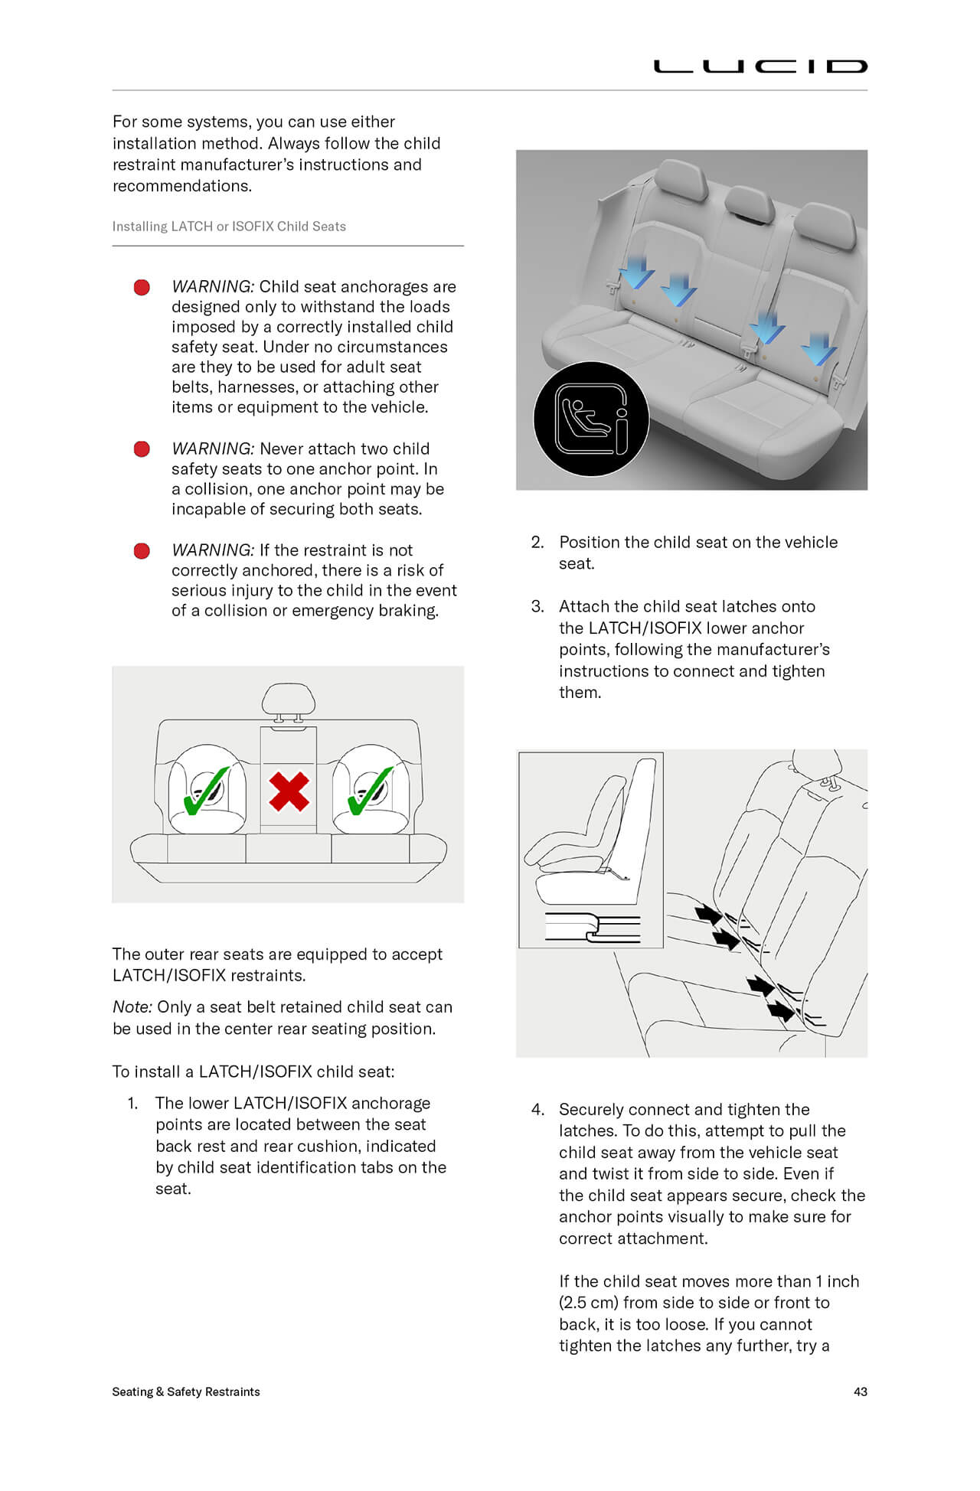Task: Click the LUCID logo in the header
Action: click(759, 67)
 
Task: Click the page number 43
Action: click(860, 1391)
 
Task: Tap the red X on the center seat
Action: click(289, 791)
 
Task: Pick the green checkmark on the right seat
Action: click(369, 793)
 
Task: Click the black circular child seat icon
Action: click(591, 419)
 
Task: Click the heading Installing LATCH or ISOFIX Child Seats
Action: click(229, 227)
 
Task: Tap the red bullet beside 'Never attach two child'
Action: click(142, 449)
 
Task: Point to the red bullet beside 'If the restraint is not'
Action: click(142, 551)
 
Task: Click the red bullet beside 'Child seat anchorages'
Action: click(142, 288)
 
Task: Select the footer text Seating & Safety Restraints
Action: click(186, 1391)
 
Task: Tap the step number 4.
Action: click(537, 1110)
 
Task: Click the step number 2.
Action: click(537, 543)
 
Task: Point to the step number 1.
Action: click(133, 1104)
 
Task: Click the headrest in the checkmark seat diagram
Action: click(288, 700)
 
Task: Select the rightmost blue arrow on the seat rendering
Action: click(819, 349)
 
